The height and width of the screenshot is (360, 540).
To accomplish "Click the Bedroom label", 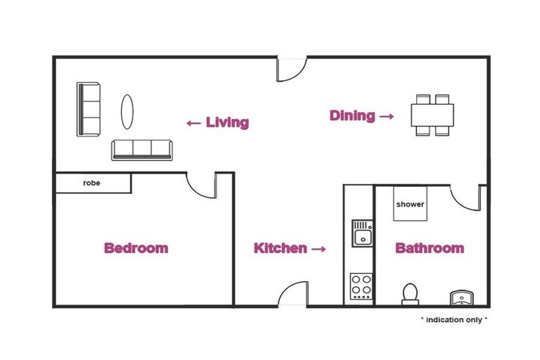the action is [136, 248].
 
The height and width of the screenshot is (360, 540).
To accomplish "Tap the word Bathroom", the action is [430, 248].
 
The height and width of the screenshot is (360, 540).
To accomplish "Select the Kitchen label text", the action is [281, 248].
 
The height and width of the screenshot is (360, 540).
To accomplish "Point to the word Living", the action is [227, 122].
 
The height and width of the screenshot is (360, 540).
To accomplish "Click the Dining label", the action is [352, 116].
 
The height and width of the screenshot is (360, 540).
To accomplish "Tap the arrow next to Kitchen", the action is [319, 249].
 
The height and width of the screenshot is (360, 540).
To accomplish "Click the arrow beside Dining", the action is [387, 116].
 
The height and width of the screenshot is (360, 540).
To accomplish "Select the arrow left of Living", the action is [194, 123].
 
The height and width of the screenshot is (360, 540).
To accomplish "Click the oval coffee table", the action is [127, 112].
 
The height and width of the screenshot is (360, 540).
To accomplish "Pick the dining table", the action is [432, 115].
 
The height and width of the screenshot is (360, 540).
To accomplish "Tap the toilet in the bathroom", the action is [410, 295].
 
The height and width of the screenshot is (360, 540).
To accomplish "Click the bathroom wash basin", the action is [462, 297].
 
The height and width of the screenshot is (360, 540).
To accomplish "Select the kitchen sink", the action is [362, 233].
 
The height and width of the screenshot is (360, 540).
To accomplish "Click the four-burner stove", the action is [361, 286].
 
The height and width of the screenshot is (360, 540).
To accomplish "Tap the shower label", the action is [410, 205].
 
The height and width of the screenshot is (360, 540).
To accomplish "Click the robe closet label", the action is [91, 183].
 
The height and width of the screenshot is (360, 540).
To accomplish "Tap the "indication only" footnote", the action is [454, 320].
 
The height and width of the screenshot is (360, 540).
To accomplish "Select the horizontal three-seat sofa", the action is [141, 150].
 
